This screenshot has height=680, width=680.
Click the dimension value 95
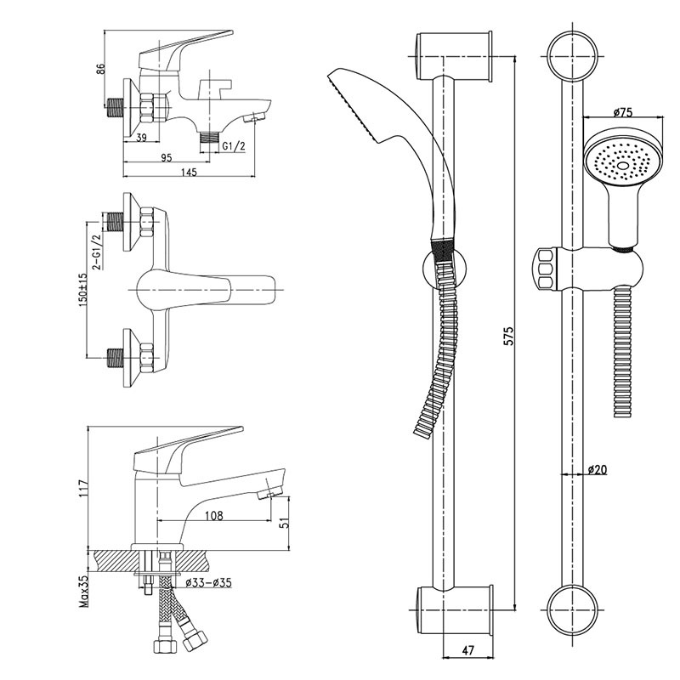[x=166, y=156]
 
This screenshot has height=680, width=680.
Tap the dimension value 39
[x=142, y=139]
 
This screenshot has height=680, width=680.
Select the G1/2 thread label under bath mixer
[x=234, y=147]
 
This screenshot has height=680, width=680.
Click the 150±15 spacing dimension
[x=82, y=292]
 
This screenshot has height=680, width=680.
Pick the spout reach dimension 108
[x=217, y=516]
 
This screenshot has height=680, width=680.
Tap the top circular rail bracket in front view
[x=571, y=57]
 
